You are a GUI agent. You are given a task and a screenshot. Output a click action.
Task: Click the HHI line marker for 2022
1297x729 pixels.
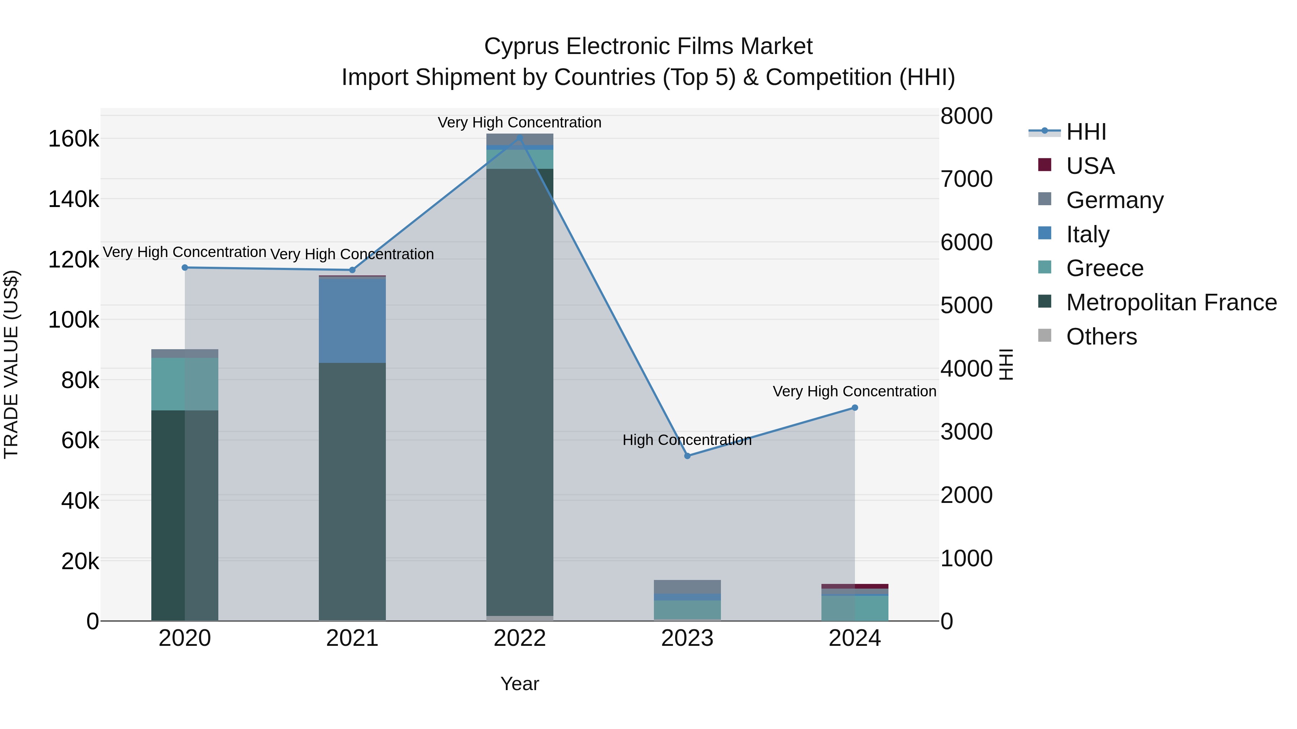pos(520,138)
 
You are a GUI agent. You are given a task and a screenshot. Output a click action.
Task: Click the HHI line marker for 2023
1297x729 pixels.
pos(687,456)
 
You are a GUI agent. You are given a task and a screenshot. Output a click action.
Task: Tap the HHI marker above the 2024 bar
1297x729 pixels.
pos(855,408)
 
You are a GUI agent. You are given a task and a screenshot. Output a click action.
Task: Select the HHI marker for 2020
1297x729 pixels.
pos(185,267)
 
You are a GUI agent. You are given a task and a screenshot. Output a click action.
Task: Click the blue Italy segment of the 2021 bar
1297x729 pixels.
pos(352,320)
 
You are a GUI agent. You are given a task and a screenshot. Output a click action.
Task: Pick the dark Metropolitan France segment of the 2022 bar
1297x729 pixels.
pos(520,392)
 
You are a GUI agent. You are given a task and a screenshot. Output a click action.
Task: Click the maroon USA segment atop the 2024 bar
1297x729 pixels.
pos(855,586)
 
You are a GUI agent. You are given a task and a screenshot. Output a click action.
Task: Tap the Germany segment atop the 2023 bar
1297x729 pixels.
pos(687,587)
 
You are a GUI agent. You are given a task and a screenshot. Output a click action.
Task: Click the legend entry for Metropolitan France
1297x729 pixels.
pos(1171,302)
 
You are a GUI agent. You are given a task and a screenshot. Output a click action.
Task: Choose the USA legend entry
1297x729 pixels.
pos(1090,166)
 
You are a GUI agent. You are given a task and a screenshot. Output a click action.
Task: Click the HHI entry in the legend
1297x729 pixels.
pos(1086,132)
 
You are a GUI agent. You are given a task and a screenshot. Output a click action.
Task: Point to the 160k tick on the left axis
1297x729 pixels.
pos(73,139)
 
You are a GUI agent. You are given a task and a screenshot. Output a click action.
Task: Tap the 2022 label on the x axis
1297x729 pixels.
pos(520,638)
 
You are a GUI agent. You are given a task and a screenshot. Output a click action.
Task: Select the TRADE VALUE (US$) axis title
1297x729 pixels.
pos(11,364)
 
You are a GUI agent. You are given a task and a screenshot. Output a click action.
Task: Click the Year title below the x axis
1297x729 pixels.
pos(520,684)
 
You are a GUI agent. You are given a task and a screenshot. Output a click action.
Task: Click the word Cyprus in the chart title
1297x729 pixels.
pos(522,46)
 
